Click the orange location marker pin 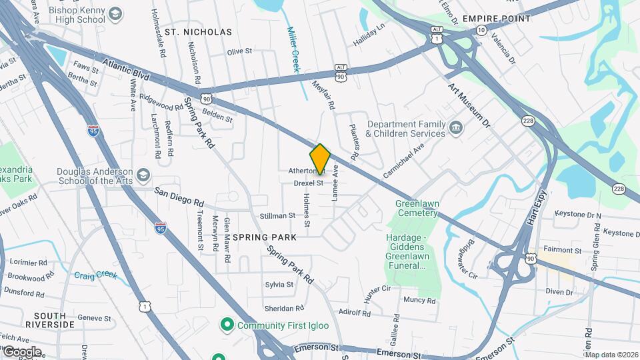pos(320,159)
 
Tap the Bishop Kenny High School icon pos(116,14)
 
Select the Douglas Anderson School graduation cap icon pos(143,176)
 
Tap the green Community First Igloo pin pos(227,325)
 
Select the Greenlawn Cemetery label pos(416,208)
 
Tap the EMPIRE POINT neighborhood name pos(497,19)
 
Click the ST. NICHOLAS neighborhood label pos(198,32)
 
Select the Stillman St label pos(277,215)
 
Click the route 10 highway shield pos(481,31)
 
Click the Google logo pos(21,351)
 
